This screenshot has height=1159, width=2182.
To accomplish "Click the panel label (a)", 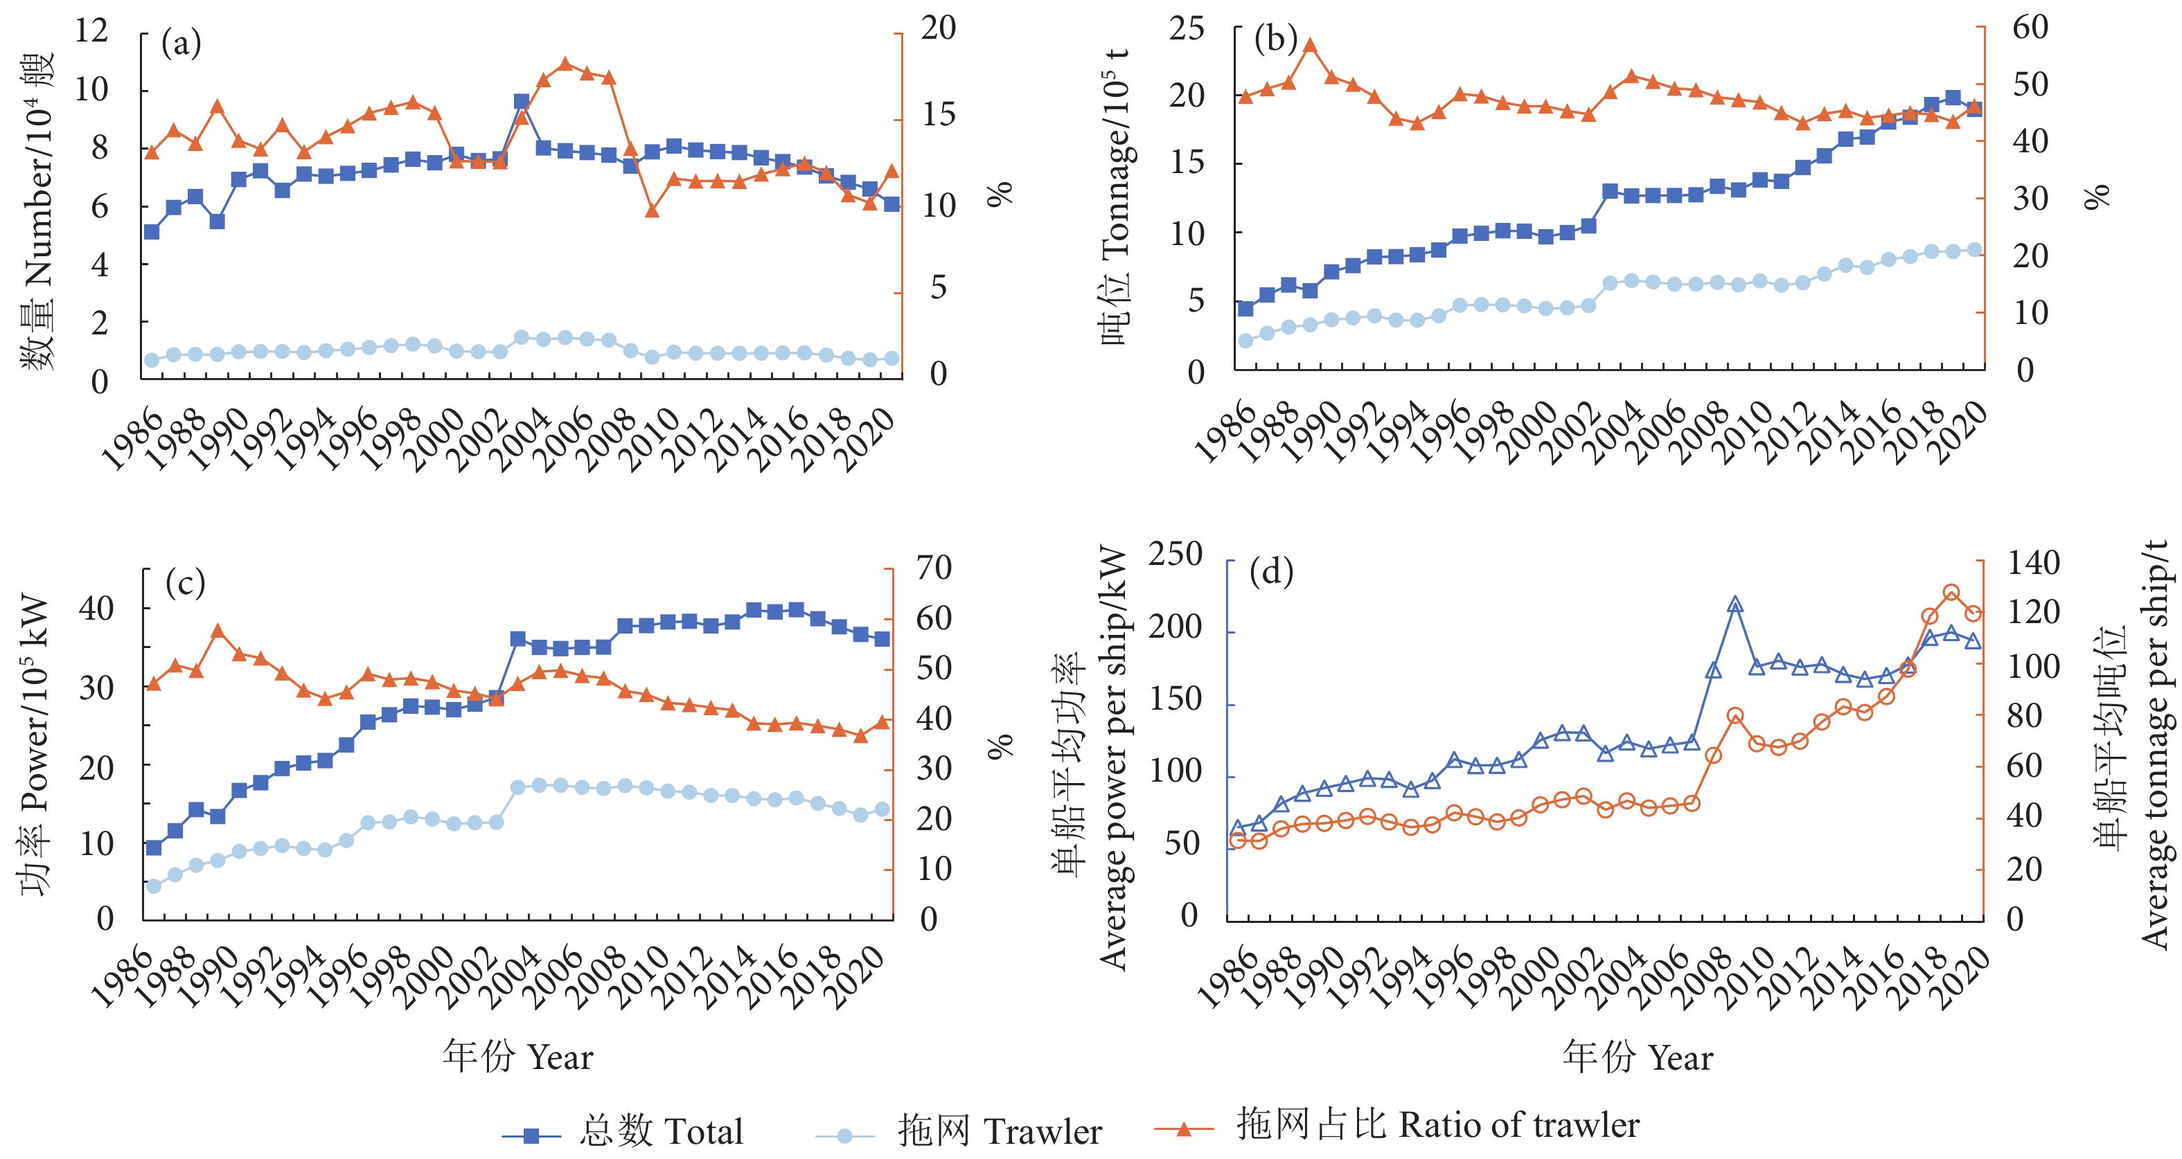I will (x=181, y=42).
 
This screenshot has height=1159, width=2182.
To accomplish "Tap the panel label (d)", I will (x=1271, y=573).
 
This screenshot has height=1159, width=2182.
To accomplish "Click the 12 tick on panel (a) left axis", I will (x=91, y=31).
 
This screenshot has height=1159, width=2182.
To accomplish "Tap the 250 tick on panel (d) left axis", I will (x=1175, y=555).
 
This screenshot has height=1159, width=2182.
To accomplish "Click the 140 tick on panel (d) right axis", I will (x=2033, y=563).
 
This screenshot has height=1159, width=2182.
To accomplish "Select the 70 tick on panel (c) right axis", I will (x=934, y=567).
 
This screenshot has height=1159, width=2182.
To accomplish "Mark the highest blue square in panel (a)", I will (x=522, y=102).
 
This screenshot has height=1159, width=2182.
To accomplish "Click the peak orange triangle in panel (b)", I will (x=1309, y=45).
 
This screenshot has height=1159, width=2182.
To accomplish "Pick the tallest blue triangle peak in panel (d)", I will (x=1735, y=604).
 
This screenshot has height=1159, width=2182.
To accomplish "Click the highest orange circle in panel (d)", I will (x=1951, y=593).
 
